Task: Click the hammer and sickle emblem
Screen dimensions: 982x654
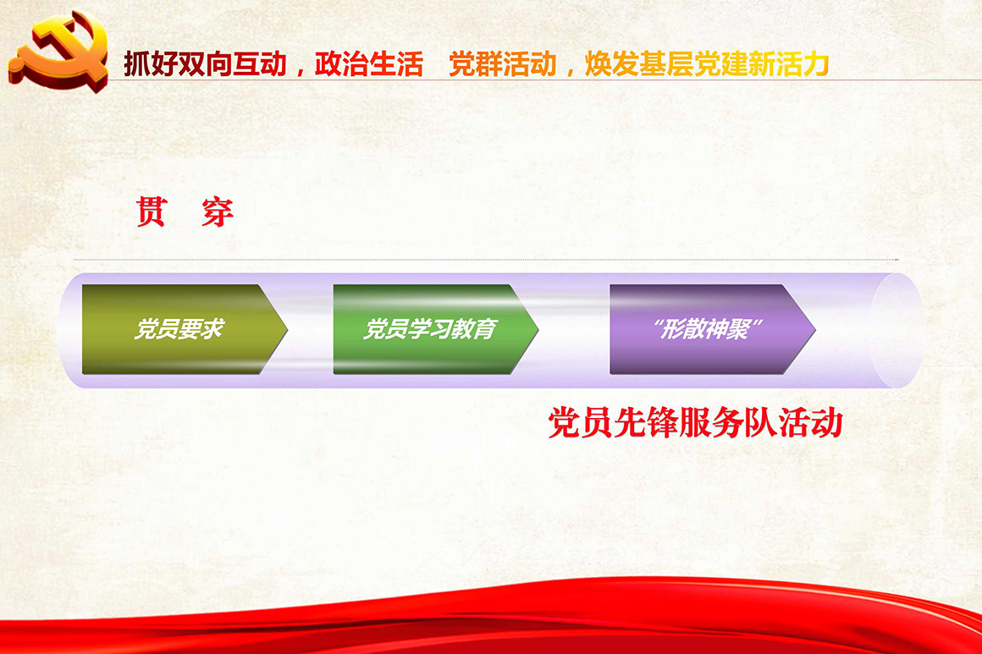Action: coord(58,51)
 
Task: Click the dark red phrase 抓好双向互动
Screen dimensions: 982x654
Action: coord(205,64)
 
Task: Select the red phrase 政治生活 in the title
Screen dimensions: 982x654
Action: coord(368,64)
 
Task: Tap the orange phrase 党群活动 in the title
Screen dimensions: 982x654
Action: coord(502,64)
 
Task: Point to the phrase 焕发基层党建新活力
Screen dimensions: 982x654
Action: coord(707,64)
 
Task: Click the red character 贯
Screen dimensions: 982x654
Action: coord(152,212)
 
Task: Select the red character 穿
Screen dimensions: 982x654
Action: coord(218,212)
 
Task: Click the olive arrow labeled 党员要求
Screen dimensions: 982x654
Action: coord(185,329)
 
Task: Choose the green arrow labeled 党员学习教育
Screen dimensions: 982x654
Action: coord(435,329)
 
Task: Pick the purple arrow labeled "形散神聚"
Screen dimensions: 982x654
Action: coord(712,329)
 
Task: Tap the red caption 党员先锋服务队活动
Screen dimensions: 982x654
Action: coord(695,423)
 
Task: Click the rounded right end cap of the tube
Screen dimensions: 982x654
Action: coord(896,331)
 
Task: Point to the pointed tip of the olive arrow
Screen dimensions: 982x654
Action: coord(287,329)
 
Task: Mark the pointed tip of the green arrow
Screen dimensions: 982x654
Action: coord(538,329)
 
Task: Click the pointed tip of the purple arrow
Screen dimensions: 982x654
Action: coord(814,329)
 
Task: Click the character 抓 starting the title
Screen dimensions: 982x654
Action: coord(136,64)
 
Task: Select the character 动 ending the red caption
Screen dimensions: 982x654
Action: coord(827,423)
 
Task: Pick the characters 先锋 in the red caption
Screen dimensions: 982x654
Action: coord(646,423)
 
